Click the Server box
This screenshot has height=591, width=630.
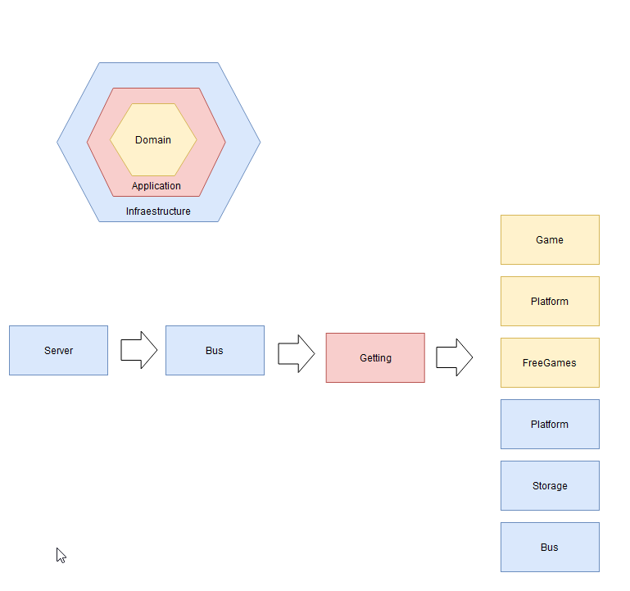58,351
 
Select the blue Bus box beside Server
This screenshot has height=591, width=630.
215,351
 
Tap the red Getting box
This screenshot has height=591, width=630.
375,358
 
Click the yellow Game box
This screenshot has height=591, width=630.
550,240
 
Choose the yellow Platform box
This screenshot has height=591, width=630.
550,302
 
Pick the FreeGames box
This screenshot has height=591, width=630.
550,363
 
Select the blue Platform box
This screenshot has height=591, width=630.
550,425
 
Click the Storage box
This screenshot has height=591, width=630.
550,486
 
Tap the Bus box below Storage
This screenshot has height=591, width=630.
550,548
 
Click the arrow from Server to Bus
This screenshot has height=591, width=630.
138,350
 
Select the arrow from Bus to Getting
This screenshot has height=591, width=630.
296,353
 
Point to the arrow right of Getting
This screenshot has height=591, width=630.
454,357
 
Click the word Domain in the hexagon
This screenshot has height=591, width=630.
153,140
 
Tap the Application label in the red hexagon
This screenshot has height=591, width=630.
156,186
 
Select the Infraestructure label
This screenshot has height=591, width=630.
158,211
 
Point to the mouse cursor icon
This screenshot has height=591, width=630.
61,555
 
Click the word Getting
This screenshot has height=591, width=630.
375,358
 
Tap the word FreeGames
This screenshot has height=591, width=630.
550,363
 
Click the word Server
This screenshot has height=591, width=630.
58,351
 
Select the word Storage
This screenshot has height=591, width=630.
550,486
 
